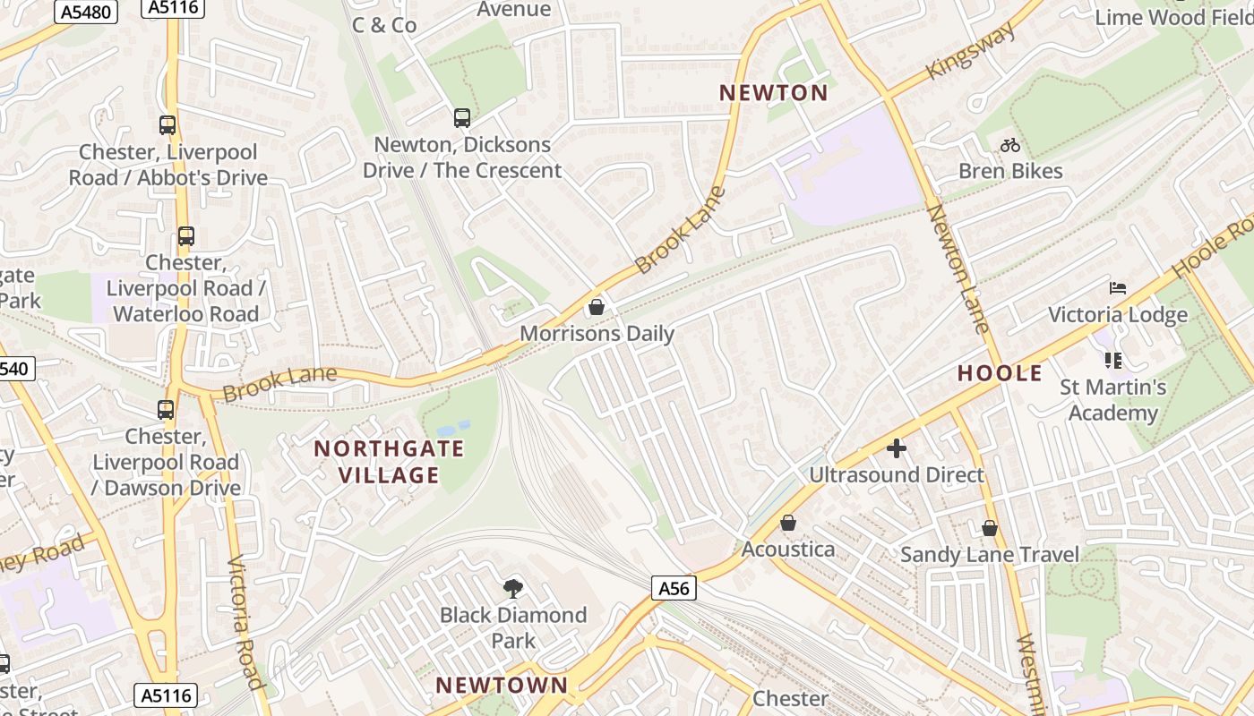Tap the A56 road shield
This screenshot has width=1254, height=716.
tap(674, 588)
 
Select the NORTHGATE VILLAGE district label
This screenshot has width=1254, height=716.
tap(389, 462)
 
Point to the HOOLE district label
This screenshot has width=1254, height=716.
tap(1000, 373)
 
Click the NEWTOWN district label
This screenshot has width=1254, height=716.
tap(502, 686)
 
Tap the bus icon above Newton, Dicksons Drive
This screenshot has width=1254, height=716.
tap(462, 118)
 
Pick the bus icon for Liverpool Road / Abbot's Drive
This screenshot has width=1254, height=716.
tap(167, 125)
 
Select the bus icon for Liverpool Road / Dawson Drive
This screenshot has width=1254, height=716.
tap(166, 410)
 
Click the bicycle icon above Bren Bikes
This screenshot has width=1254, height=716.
tap(1010, 145)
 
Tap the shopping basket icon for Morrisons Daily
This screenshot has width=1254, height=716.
tap(597, 308)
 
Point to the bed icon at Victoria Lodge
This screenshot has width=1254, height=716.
tap(1117, 288)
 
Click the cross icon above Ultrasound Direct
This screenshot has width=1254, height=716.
tap(897, 448)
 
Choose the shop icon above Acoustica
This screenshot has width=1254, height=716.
tap(788, 523)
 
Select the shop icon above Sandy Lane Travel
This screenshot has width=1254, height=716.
tap(990, 529)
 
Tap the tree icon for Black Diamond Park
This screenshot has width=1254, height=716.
tap(513, 588)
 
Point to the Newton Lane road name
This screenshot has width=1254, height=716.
tap(958, 268)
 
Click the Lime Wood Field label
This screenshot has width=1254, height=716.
tap(1173, 17)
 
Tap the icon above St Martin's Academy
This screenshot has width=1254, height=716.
tap(1113, 361)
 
